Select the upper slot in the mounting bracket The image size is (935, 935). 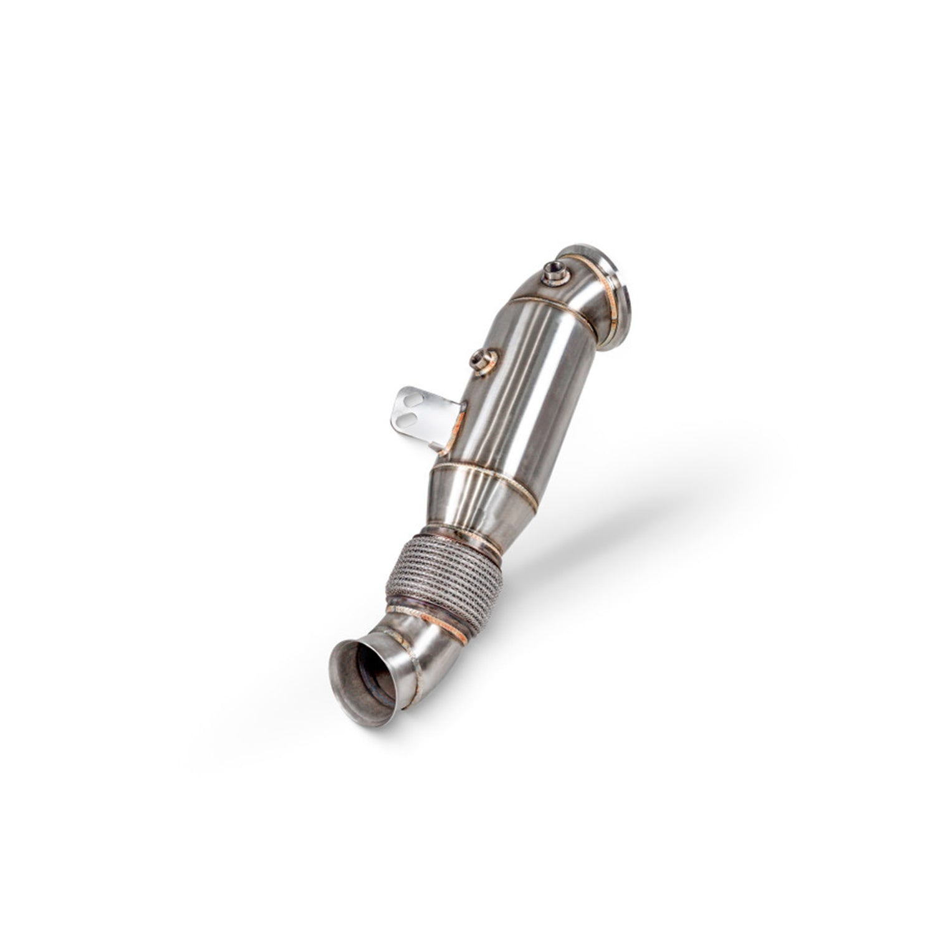tap(411, 400)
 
